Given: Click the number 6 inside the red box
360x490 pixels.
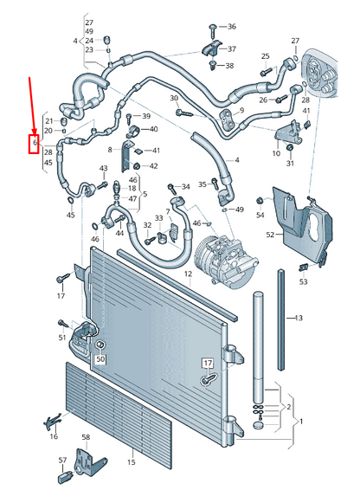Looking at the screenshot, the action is (35, 142).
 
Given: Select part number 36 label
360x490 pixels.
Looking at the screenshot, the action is (232, 27).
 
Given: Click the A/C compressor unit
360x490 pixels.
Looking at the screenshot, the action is (226, 261).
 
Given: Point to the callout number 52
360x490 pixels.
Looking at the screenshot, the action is (270, 234).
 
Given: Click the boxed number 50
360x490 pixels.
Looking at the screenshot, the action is (100, 359).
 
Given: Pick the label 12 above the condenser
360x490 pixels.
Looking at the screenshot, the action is (188, 274).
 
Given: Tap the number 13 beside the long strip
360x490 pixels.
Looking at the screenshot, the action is (299, 318).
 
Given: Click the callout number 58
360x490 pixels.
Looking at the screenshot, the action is (86, 437).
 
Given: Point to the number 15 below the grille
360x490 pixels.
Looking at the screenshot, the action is (132, 462).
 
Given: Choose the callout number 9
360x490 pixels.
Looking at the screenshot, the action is (241, 110).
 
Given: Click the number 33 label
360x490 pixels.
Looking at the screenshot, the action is (159, 218).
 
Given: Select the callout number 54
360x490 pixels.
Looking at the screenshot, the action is (260, 215).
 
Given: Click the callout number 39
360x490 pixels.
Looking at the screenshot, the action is (146, 116).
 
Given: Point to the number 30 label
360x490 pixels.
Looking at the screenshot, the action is (174, 98).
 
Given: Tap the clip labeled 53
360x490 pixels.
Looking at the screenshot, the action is (304, 268).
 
